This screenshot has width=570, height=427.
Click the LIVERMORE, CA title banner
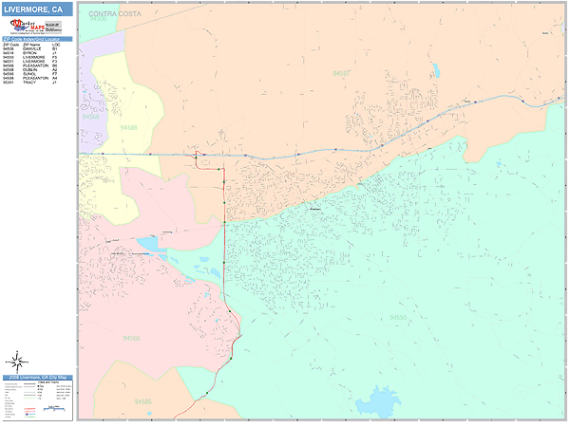(36, 9)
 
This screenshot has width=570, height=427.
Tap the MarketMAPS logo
(35, 27)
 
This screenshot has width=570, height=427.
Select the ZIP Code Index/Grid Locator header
(36, 39)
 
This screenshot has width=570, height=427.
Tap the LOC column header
(55, 44)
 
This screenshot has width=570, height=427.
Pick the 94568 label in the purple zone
(90, 116)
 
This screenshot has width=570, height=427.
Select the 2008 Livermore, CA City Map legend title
(36, 378)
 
